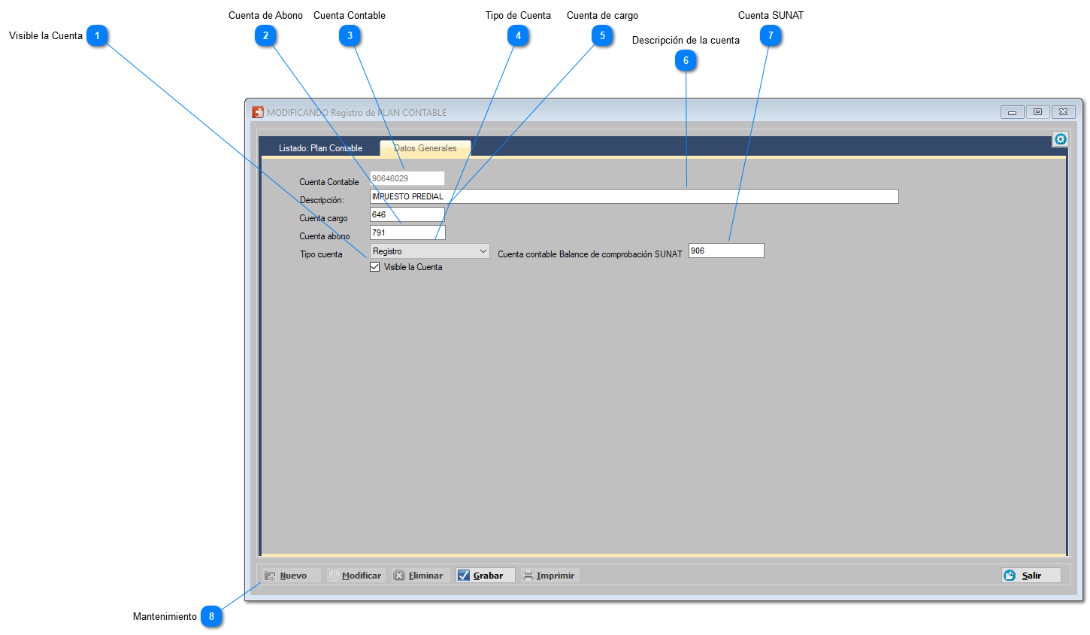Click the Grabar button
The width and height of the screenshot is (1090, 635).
click(485, 575)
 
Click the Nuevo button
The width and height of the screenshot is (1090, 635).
click(291, 575)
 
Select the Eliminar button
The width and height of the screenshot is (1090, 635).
click(420, 575)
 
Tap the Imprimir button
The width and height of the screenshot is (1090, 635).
click(550, 575)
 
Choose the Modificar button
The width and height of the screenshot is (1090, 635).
click(356, 575)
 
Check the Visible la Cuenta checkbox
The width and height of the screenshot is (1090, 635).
click(374, 267)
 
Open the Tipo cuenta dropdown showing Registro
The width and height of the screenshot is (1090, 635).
click(430, 251)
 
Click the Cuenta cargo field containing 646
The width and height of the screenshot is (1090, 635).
click(407, 214)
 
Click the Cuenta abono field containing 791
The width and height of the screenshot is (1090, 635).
click(407, 232)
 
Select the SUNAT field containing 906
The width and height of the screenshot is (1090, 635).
click(726, 251)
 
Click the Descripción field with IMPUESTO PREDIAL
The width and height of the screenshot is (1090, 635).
click(634, 196)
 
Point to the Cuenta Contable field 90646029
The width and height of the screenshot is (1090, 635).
click(407, 178)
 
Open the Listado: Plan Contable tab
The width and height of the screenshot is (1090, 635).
click(320, 148)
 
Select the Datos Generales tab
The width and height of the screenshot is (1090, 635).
click(425, 148)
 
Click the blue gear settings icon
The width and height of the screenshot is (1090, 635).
click(1061, 139)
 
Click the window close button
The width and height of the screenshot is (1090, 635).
click(1063, 112)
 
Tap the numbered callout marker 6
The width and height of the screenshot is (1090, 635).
click(686, 60)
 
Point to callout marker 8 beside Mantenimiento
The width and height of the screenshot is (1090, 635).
click(211, 616)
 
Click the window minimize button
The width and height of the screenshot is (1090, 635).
click(1012, 112)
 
